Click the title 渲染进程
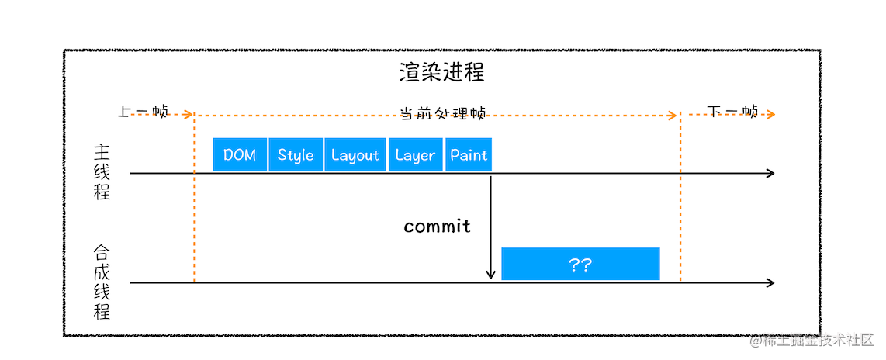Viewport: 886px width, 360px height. (442, 72)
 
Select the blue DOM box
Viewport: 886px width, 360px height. (240, 154)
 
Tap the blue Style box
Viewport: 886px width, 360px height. (296, 154)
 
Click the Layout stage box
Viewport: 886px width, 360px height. (355, 154)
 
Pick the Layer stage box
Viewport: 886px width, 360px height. (415, 154)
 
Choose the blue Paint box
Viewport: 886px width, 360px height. (469, 154)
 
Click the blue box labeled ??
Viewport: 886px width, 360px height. (580, 264)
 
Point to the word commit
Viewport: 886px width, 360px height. (437, 227)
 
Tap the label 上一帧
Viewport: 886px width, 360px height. (143, 112)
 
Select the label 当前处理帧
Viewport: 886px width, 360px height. (442, 113)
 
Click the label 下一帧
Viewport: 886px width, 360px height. (733, 112)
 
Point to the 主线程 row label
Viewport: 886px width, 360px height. (102, 172)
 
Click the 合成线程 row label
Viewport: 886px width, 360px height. (102, 282)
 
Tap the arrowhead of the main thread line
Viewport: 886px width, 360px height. (770, 173)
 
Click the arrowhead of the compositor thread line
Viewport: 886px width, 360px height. (770, 283)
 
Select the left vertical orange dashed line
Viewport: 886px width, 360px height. (194, 202)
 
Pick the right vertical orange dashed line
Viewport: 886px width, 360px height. (680, 202)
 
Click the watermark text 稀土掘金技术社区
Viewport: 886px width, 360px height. (820, 341)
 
